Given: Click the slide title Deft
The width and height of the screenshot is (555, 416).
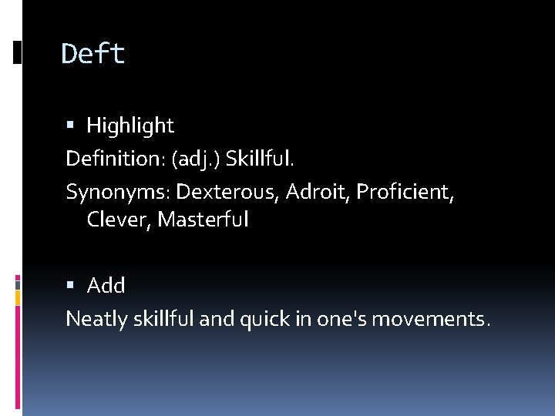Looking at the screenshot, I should tap(92, 54).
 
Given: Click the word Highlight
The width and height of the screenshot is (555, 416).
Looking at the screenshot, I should tap(130, 125).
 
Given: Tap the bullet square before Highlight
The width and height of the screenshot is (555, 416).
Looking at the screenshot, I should tap(70, 125).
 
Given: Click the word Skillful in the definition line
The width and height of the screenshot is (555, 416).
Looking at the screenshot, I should tap(260, 159).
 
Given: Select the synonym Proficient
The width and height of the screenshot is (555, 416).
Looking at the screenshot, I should tap(402, 192).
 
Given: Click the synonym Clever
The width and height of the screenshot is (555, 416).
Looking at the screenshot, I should tap(119, 220).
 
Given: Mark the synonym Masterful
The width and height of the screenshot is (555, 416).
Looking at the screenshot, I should tap(203, 220).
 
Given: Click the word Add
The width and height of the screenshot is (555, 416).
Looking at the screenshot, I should tap(106, 286).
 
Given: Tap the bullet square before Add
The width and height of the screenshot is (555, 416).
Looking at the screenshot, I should tap(70, 286).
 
